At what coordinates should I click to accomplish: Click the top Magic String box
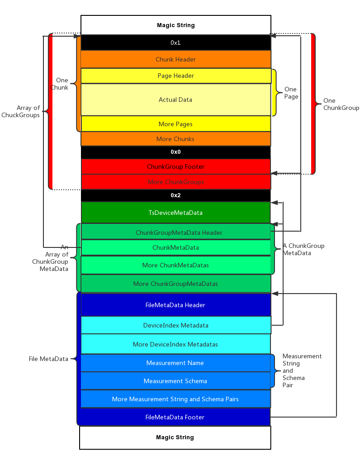click(175, 25)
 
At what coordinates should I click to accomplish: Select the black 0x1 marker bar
click(175, 43)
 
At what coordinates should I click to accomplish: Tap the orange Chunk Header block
click(175, 59)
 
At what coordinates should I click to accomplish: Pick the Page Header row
click(175, 76)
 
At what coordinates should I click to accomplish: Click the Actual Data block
click(175, 100)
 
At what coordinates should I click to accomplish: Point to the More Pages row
click(175, 124)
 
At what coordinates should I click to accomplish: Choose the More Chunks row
click(175, 139)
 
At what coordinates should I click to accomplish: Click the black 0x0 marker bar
click(175, 152)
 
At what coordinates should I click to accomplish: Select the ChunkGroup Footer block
click(175, 166)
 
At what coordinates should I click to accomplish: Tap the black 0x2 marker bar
click(175, 195)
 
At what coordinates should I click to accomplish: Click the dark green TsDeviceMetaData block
click(175, 213)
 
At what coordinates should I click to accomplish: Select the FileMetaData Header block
click(175, 305)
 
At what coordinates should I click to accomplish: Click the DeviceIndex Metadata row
click(175, 325)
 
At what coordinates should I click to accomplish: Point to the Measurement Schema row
click(175, 381)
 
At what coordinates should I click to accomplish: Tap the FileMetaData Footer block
click(175, 417)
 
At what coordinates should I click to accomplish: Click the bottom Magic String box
click(175, 437)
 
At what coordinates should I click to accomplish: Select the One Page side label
click(291, 93)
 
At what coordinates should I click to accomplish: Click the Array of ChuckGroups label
click(21, 111)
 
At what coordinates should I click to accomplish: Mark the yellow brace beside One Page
click(275, 93)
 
